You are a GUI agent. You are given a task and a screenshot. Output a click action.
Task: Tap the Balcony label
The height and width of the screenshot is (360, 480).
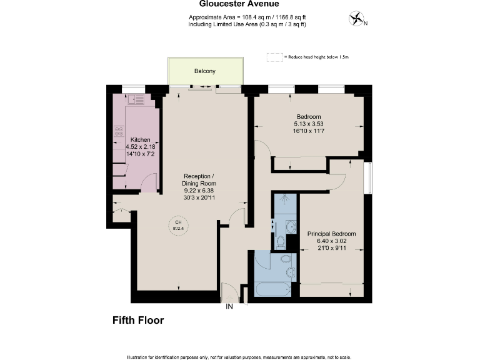click(x=204, y=71)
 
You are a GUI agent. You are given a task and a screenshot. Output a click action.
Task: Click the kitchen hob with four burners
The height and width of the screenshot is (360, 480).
click(x=119, y=132)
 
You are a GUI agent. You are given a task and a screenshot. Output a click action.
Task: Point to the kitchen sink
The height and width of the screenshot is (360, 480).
click(x=137, y=98)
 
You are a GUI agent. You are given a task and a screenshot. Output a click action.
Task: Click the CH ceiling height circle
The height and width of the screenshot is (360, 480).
click(x=178, y=226)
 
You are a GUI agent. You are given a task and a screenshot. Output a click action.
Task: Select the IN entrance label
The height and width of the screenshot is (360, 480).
click(x=229, y=306)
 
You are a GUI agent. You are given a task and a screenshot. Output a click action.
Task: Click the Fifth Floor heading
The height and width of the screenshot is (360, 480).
click(x=137, y=321)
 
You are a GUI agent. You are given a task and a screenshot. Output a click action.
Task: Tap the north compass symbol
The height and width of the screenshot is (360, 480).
click(x=357, y=20)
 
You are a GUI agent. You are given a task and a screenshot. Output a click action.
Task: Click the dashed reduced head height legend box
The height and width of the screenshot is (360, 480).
click(x=274, y=57)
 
